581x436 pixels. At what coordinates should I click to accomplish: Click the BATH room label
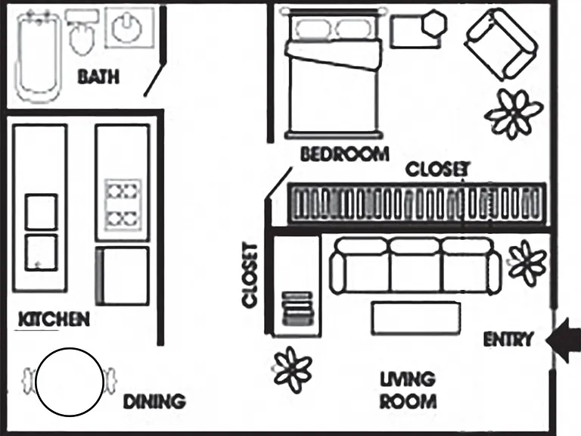pyautogui.click(x=98, y=76)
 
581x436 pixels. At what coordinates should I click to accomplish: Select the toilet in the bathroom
pyautogui.click(x=81, y=33)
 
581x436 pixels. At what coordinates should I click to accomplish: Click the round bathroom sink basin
pyautogui.click(x=127, y=27)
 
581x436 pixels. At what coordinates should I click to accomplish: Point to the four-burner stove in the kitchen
pyautogui.click(x=123, y=205)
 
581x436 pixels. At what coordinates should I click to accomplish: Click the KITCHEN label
pyautogui.click(x=54, y=319)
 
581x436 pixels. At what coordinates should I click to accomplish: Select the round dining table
pyautogui.click(x=70, y=381)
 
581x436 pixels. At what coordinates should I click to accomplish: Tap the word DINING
pyautogui.click(x=154, y=401)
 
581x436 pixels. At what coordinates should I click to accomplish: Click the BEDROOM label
pyautogui.click(x=345, y=154)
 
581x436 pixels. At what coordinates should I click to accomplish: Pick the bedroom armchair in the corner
pyautogui.click(x=501, y=45)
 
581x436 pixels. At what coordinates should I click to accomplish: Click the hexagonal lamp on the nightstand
pyautogui.click(x=435, y=23)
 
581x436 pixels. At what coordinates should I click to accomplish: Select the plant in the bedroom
pyautogui.click(x=514, y=114)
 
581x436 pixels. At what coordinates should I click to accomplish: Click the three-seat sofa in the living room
pyautogui.click(x=415, y=266)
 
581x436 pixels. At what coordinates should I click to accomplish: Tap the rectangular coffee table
pyautogui.click(x=416, y=319)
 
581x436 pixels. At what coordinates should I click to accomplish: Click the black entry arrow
pyautogui.click(x=563, y=339)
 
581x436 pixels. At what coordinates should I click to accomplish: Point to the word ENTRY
pyautogui.click(x=508, y=339)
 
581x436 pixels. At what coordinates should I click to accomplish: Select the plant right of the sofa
pyautogui.click(x=527, y=263)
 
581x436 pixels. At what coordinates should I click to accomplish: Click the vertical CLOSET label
pyautogui.click(x=250, y=276)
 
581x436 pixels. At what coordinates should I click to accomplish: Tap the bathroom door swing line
pyautogui.click(x=154, y=80)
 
